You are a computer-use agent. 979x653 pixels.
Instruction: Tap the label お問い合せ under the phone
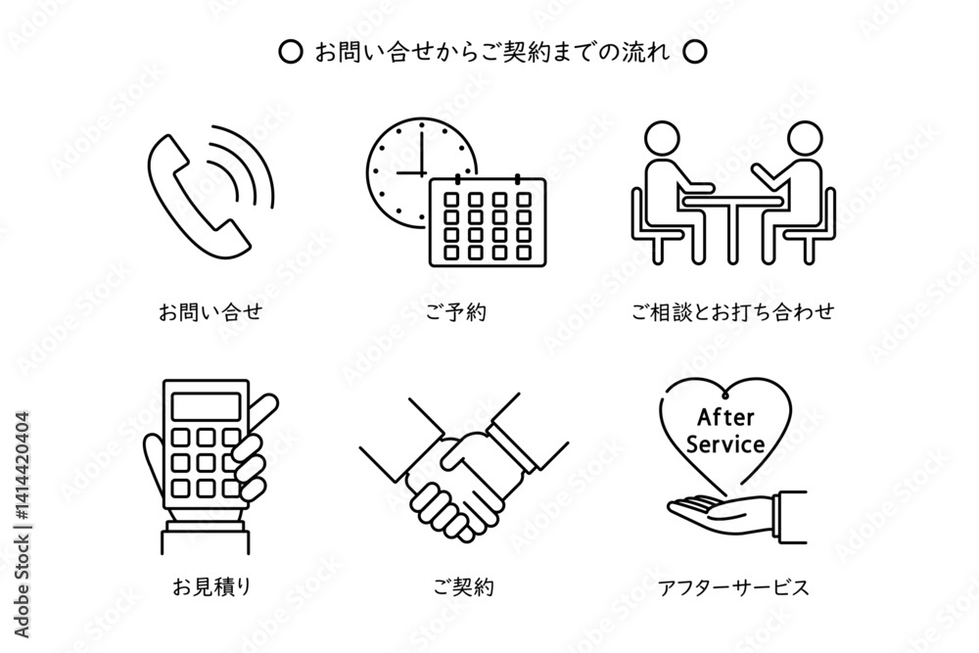(210, 311)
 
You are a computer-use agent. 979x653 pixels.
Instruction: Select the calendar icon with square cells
(488, 221)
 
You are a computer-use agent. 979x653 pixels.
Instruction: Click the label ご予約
(456, 311)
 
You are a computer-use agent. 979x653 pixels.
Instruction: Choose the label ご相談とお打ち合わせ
(733, 311)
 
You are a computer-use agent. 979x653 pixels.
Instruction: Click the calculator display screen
(206, 406)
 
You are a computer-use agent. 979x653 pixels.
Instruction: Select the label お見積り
(211, 586)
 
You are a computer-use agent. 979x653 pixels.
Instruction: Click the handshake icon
(464, 465)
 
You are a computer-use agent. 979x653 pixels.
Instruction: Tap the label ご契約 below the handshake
(464, 586)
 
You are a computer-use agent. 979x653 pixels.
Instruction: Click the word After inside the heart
(725, 417)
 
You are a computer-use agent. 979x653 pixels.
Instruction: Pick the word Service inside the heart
(725, 444)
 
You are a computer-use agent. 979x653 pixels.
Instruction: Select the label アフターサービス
(733, 587)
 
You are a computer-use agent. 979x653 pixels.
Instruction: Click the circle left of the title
(290, 52)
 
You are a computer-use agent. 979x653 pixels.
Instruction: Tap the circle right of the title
(694, 52)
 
